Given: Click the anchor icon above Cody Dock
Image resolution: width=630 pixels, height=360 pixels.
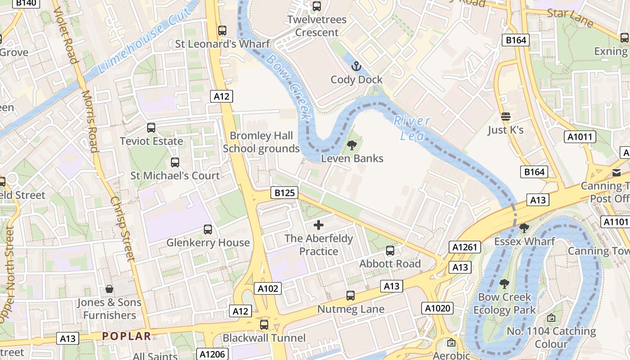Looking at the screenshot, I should tap(356, 67).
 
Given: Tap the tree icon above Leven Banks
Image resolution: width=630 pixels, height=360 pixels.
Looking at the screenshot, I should tap(352, 145).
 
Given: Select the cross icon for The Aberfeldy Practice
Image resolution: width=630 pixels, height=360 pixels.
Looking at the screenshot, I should tap(319, 225).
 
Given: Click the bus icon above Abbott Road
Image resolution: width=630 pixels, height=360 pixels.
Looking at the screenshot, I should tap(390, 251).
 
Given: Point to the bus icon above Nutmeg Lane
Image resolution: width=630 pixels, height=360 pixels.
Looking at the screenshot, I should tap(351, 296).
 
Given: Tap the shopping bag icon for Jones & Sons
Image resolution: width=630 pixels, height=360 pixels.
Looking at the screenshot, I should tap(109, 289).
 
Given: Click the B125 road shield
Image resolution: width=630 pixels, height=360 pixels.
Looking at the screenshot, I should tap(284, 193).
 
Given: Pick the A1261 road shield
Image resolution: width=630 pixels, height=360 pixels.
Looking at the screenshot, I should tap(465, 247).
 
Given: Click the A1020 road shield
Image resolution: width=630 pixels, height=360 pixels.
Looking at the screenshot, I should tap(437, 308).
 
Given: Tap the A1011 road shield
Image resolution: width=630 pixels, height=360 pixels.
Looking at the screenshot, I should tap(580, 137).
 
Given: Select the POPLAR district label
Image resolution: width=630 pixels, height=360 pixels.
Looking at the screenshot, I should tap(126, 336).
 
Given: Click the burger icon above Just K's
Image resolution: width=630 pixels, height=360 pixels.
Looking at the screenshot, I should tap(506, 117).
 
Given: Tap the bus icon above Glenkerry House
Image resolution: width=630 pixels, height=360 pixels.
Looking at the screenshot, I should tap(208, 229).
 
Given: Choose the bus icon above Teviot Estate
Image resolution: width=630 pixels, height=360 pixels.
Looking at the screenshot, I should tap(151, 128).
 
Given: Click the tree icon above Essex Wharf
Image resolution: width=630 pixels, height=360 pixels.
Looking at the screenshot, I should tap(524, 228).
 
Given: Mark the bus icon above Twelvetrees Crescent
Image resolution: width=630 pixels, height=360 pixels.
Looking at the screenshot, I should tap(317, 6).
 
